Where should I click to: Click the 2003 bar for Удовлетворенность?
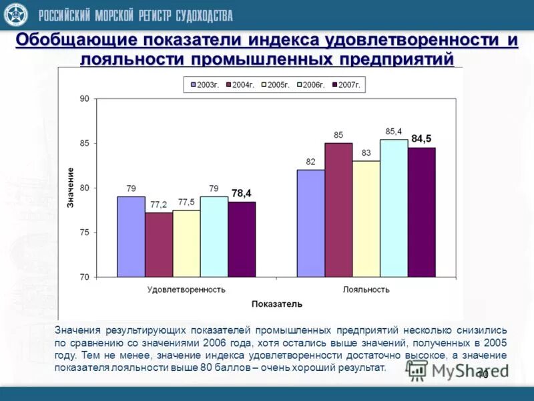(131, 237)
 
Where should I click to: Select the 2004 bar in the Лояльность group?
(338, 210)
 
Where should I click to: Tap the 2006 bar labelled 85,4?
(394, 208)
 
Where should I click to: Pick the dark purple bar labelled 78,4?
(242, 239)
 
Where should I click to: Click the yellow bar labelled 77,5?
(186, 243)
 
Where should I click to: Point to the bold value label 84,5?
(421, 138)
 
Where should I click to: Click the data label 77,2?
(158, 204)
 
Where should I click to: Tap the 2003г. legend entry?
(205, 85)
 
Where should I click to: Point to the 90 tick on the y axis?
(84, 99)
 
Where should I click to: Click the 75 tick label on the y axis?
(84, 233)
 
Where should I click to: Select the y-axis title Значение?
(70, 187)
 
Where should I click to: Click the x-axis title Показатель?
(276, 304)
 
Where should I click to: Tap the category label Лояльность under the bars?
(366, 289)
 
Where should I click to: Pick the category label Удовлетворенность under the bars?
(186, 289)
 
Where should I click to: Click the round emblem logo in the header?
(15, 15)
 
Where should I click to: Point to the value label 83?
(366, 152)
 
